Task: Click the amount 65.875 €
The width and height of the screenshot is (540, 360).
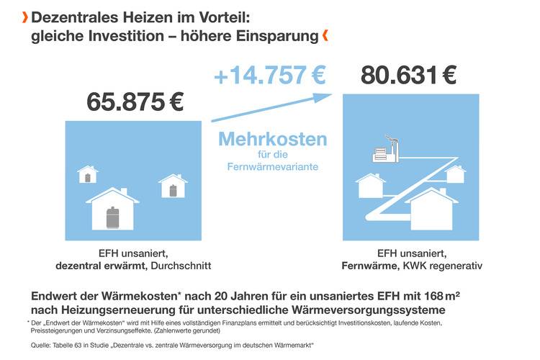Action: click(x=135, y=102)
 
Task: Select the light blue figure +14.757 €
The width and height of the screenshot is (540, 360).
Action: click(x=269, y=74)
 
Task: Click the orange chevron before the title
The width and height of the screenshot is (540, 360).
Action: click(x=27, y=17)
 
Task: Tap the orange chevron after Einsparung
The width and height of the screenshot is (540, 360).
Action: click(x=325, y=34)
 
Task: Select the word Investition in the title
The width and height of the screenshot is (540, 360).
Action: click(x=116, y=35)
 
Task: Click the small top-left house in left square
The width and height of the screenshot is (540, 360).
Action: click(x=88, y=174)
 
